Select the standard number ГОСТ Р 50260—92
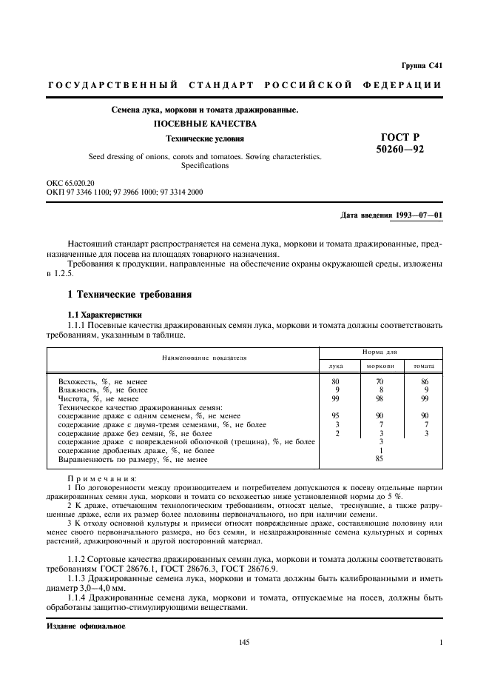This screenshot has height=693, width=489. click(x=399, y=143)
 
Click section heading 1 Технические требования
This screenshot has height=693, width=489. click(x=129, y=295)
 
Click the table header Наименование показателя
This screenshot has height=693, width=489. click(x=182, y=358)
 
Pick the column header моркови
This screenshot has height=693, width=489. click(x=380, y=366)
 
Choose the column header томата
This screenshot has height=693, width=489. click(x=423, y=366)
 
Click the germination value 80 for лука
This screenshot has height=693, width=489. click(x=336, y=381)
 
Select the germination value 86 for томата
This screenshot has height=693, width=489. click(x=424, y=381)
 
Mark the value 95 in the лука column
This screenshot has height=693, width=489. click(x=336, y=415)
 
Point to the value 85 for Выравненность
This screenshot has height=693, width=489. click(x=380, y=459)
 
